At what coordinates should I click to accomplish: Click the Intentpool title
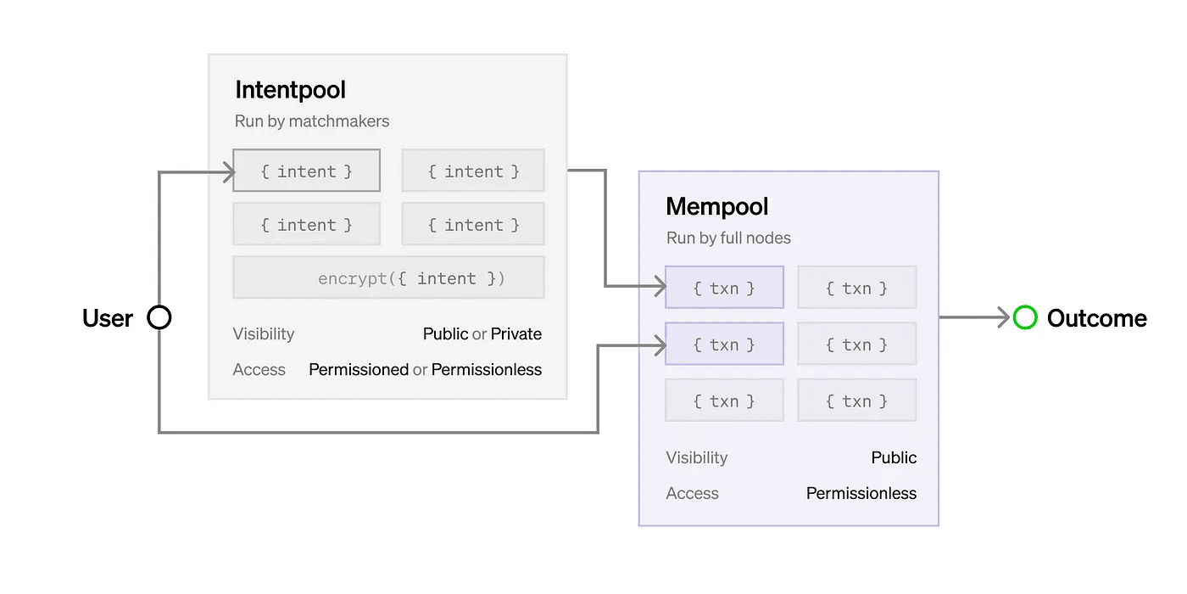(x=290, y=90)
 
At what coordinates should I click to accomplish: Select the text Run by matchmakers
(x=312, y=120)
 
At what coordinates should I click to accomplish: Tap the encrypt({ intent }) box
(x=388, y=277)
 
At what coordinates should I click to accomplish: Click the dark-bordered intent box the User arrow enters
(x=307, y=171)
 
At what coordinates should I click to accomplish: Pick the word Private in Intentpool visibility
(x=516, y=333)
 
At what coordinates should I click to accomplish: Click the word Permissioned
(x=358, y=369)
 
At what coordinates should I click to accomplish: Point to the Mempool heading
(x=717, y=206)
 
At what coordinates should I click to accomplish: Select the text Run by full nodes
(x=728, y=238)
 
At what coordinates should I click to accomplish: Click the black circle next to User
(x=159, y=317)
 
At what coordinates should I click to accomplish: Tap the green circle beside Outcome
(x=1025, y=317)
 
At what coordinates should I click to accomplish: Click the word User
(x=108, y=318)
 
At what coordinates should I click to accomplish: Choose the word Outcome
(x=1097, y=318)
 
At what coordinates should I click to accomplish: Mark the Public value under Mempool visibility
(x=894, y=457)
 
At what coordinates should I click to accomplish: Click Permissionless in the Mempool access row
(x=861, y=493)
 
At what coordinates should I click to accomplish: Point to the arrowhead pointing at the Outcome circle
(x=1004, y=317)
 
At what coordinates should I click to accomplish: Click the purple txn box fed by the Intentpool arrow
(x=724, y=287)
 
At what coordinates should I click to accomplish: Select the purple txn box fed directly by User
(x=724, y=344)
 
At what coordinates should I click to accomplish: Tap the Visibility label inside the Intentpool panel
(x=264, y=333)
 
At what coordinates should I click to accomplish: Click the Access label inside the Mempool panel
(x=692, y=493)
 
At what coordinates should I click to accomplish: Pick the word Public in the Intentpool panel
(x=446, y=333)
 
